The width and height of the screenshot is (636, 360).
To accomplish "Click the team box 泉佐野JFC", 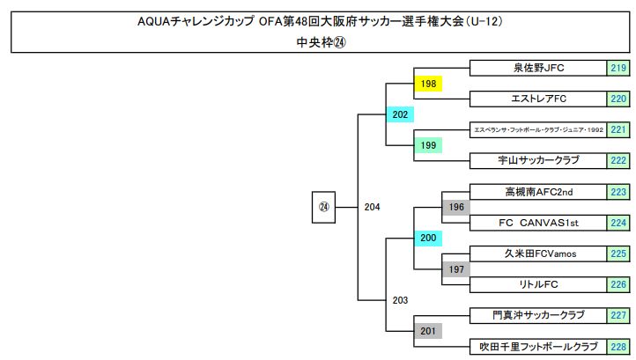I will pos(538,68).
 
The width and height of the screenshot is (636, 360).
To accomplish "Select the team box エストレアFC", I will pos(538,99).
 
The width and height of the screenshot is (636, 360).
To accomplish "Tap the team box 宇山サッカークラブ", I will pos(538,160).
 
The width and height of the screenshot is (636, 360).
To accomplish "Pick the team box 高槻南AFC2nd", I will pos(538,191).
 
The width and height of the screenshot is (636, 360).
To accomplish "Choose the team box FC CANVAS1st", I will pos(538,222).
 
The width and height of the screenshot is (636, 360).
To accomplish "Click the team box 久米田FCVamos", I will pos(538,253).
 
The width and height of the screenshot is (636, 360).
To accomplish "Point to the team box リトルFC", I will pos(538,284).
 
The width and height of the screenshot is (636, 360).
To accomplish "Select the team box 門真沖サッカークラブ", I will pos(538,315).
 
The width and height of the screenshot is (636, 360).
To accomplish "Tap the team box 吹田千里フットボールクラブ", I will pos(538,346).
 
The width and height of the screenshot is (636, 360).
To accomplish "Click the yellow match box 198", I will pos(428,84).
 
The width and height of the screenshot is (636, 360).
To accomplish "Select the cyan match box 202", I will pos(400,114).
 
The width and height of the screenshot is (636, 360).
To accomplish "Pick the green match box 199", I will pos(428,145).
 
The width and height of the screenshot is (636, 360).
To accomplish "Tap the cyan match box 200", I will pos(428,238).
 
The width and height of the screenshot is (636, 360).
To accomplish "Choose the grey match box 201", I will pos(428,330).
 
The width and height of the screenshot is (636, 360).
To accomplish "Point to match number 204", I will pos(372,207).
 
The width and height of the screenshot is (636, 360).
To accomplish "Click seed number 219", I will pos(618,68).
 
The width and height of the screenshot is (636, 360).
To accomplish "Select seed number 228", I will pos(618,346).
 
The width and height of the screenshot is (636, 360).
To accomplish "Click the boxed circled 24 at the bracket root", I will pos(323,207).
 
